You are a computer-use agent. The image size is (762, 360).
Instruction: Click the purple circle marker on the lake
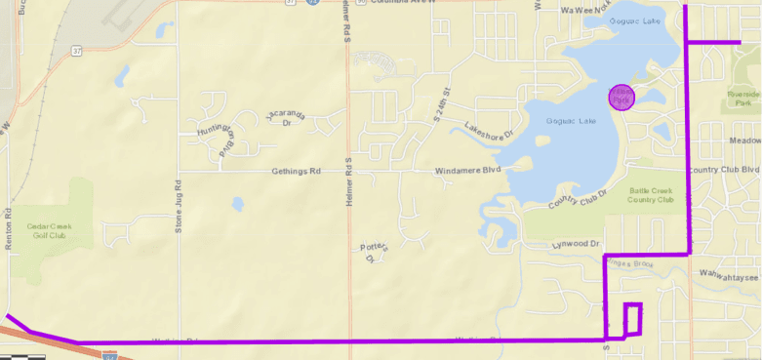point(622,97)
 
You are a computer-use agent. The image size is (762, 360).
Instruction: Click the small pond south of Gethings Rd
point(236,205)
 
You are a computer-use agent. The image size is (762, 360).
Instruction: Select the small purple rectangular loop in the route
point(633,319)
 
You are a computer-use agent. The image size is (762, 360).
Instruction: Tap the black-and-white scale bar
point(24,356)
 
